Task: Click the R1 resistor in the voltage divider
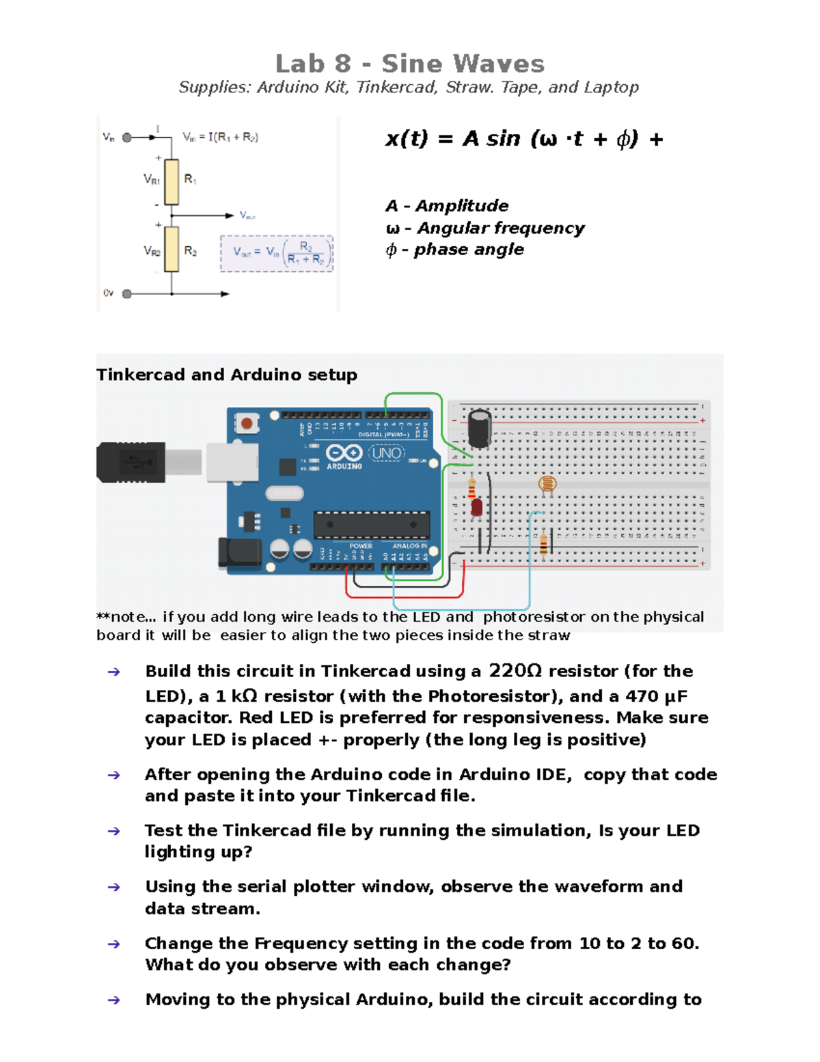pos(172,182)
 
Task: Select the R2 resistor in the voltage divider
pos(172,250)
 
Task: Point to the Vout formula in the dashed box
pos(277,254)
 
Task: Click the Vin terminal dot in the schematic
pos(127,137)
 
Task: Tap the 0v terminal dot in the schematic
pos(127,294)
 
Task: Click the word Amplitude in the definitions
pos(462,206)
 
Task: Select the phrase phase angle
pos(469,250)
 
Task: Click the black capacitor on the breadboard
pos(479,427)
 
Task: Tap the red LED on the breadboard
pos(476,507)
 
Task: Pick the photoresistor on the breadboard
pos(547,485)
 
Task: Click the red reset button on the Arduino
pos(247,424)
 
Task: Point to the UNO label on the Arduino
pos(387,453)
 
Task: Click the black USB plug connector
pos(131,462)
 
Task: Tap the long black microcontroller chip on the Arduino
pos(372,525)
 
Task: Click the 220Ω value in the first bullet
pos(515,671)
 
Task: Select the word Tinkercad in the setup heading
pos(141,375)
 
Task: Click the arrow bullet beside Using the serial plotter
pos(114,888)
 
